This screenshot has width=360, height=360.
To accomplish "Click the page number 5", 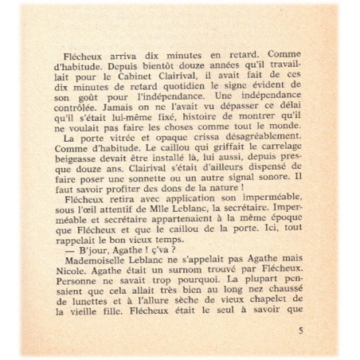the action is pyautogui.click(x=321, y=328).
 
